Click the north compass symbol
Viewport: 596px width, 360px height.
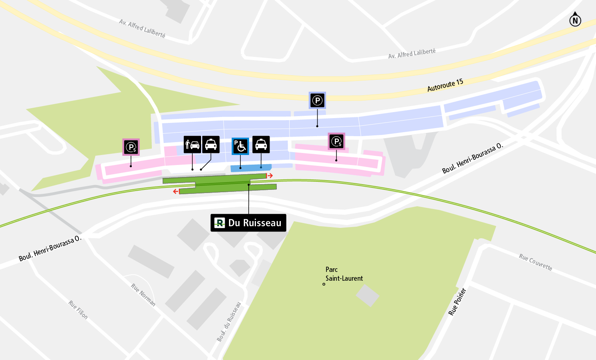(x=575, y=20)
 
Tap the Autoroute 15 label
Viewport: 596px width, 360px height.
(x=445, y=85)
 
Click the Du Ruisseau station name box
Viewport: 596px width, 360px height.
(x=248, y=223)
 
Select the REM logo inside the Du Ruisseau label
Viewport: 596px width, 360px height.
(x=219, y=223)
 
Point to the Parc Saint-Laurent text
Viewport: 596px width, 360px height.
(x=344, y=274)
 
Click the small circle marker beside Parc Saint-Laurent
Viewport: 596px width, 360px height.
(x=324, y=284)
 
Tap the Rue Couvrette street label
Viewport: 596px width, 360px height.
(x=536, y=262)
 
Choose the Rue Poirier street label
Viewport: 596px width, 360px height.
(x=457, y=302)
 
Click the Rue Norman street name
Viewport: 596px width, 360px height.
(x=143, y=295)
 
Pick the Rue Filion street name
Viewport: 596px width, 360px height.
(x=78, y=310)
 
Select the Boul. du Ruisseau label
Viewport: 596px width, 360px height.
(x=229, y=322)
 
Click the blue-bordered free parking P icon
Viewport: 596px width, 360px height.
(x=317, y=100)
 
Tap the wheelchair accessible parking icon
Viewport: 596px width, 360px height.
(x=240, y=146)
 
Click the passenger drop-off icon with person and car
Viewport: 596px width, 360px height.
(x=192, y=145)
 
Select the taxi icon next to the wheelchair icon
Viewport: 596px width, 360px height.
(x=261, y=145)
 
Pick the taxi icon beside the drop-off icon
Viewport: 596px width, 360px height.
(x=211, y=145)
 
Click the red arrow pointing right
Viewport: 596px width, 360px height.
(x=270, y=176)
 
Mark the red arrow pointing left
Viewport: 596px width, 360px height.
(x=176, y=191)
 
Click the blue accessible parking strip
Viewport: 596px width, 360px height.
(x=251, y=168)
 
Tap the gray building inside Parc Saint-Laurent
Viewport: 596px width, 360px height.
(x=367, y=296)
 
